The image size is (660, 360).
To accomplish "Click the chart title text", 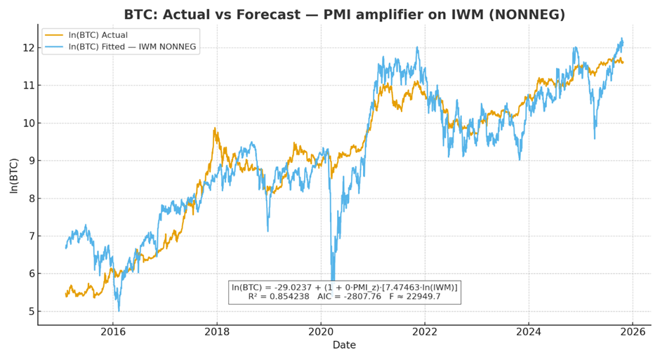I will [344, 15].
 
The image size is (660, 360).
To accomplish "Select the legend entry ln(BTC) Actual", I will [98, 35].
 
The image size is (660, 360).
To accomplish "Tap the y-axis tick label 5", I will [29, 312].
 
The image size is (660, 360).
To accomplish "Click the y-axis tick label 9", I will [29, 161].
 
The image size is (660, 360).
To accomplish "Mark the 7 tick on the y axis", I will [29, 236].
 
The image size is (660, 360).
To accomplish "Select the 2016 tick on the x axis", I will [113, 331].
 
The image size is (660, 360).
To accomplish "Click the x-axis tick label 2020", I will [321, 331].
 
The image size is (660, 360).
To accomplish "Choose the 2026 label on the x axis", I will [633, 331].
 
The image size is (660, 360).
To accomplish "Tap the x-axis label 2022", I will [425, 331].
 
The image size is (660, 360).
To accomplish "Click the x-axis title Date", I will [344, 345].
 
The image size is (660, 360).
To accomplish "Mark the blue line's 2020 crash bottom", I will [333, 281].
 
